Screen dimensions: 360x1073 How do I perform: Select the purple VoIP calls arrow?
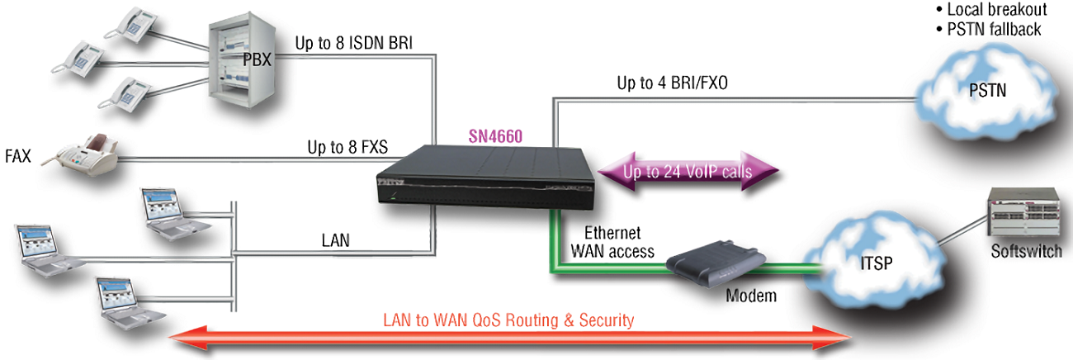pos(687,173)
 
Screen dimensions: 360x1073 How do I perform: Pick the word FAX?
pos(18,155)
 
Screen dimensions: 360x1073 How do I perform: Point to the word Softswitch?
pos(1026,251)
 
